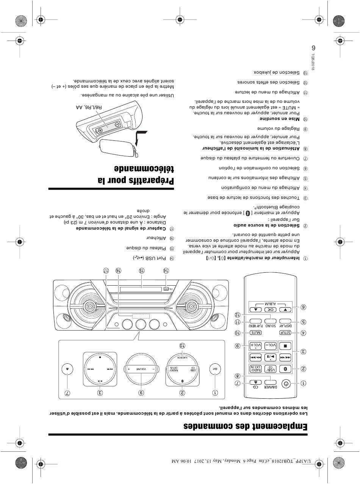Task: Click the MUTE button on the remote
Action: point(255,333)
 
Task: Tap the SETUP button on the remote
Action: point(285,333)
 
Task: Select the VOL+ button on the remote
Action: point(255,346)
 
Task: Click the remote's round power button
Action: point(286,384)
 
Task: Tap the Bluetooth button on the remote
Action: point(285,369)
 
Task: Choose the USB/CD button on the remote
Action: point(271,369)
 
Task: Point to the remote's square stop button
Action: point(285,346)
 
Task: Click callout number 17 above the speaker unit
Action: point(106,271)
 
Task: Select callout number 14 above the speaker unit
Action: point(166,271)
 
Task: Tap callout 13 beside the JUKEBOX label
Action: point(182,346)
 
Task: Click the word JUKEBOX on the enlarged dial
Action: point(182,358)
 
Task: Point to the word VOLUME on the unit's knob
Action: point(141,369)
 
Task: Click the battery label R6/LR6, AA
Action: point(89,107)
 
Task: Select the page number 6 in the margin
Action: point(313,48)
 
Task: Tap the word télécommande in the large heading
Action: point(144,169)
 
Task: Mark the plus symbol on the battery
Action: point(100,131)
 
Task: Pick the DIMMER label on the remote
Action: point(271,387)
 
